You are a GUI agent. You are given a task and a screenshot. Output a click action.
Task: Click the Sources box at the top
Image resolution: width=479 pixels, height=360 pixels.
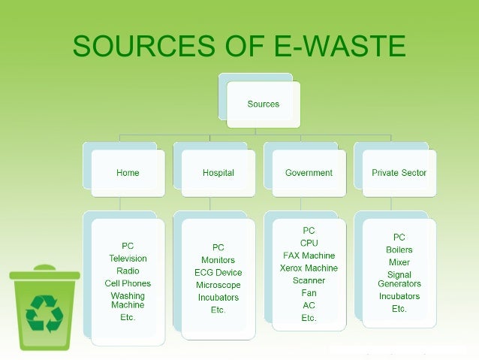pos(263,104)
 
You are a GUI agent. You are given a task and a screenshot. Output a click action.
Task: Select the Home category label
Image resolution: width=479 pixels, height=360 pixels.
pos(128,173)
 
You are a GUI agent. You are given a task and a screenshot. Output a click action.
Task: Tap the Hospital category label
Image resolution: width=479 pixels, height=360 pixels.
pos(218,173)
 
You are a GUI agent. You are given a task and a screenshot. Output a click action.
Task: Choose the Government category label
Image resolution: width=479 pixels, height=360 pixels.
pos(309,173)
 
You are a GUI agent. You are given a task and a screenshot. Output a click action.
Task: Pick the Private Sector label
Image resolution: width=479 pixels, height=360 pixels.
pos(399,173)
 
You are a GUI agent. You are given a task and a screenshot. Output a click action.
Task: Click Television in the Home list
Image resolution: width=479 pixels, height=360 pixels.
pos(128,259)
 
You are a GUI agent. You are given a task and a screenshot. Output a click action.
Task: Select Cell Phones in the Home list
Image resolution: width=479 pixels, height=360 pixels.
pos(128,283)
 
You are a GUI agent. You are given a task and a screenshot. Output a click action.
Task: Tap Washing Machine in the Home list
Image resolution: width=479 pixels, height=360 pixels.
pos(128,301)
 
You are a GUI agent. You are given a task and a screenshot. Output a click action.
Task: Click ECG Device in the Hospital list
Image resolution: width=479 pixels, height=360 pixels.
pos(218,273)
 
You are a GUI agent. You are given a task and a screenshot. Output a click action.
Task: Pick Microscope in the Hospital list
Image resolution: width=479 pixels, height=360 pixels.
pos(218,286)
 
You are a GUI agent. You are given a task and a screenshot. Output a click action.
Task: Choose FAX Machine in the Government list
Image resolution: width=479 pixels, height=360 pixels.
pos(309,256)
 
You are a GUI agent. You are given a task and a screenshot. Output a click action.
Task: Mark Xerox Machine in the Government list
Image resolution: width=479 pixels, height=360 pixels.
pos(309,268)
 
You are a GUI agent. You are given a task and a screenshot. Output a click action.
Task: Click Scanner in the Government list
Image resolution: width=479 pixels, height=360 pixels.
pos(309,280)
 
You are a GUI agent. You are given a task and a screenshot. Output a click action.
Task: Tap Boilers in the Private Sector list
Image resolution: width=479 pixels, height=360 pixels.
pos(399,250)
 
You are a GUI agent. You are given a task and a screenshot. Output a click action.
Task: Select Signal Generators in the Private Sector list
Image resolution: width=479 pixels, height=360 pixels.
pos(399,280)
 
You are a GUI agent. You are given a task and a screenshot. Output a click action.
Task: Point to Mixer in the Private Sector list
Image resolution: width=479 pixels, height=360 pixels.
pos(399,262)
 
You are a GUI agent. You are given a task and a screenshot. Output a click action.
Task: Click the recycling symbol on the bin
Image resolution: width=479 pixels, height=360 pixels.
pos(44,313)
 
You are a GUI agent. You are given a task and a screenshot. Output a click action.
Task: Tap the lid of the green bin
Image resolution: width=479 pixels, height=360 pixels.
pos(44,274)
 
